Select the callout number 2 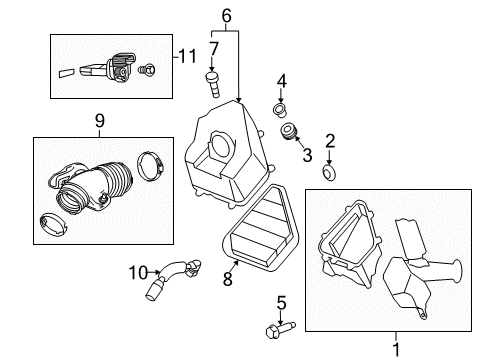tap(329, 142)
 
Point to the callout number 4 tap(282, 81)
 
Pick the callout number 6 tap(226, 15)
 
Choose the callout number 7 tap(213, 49)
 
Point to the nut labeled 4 tap(281, 108)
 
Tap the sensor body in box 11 tap(121, 67)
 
